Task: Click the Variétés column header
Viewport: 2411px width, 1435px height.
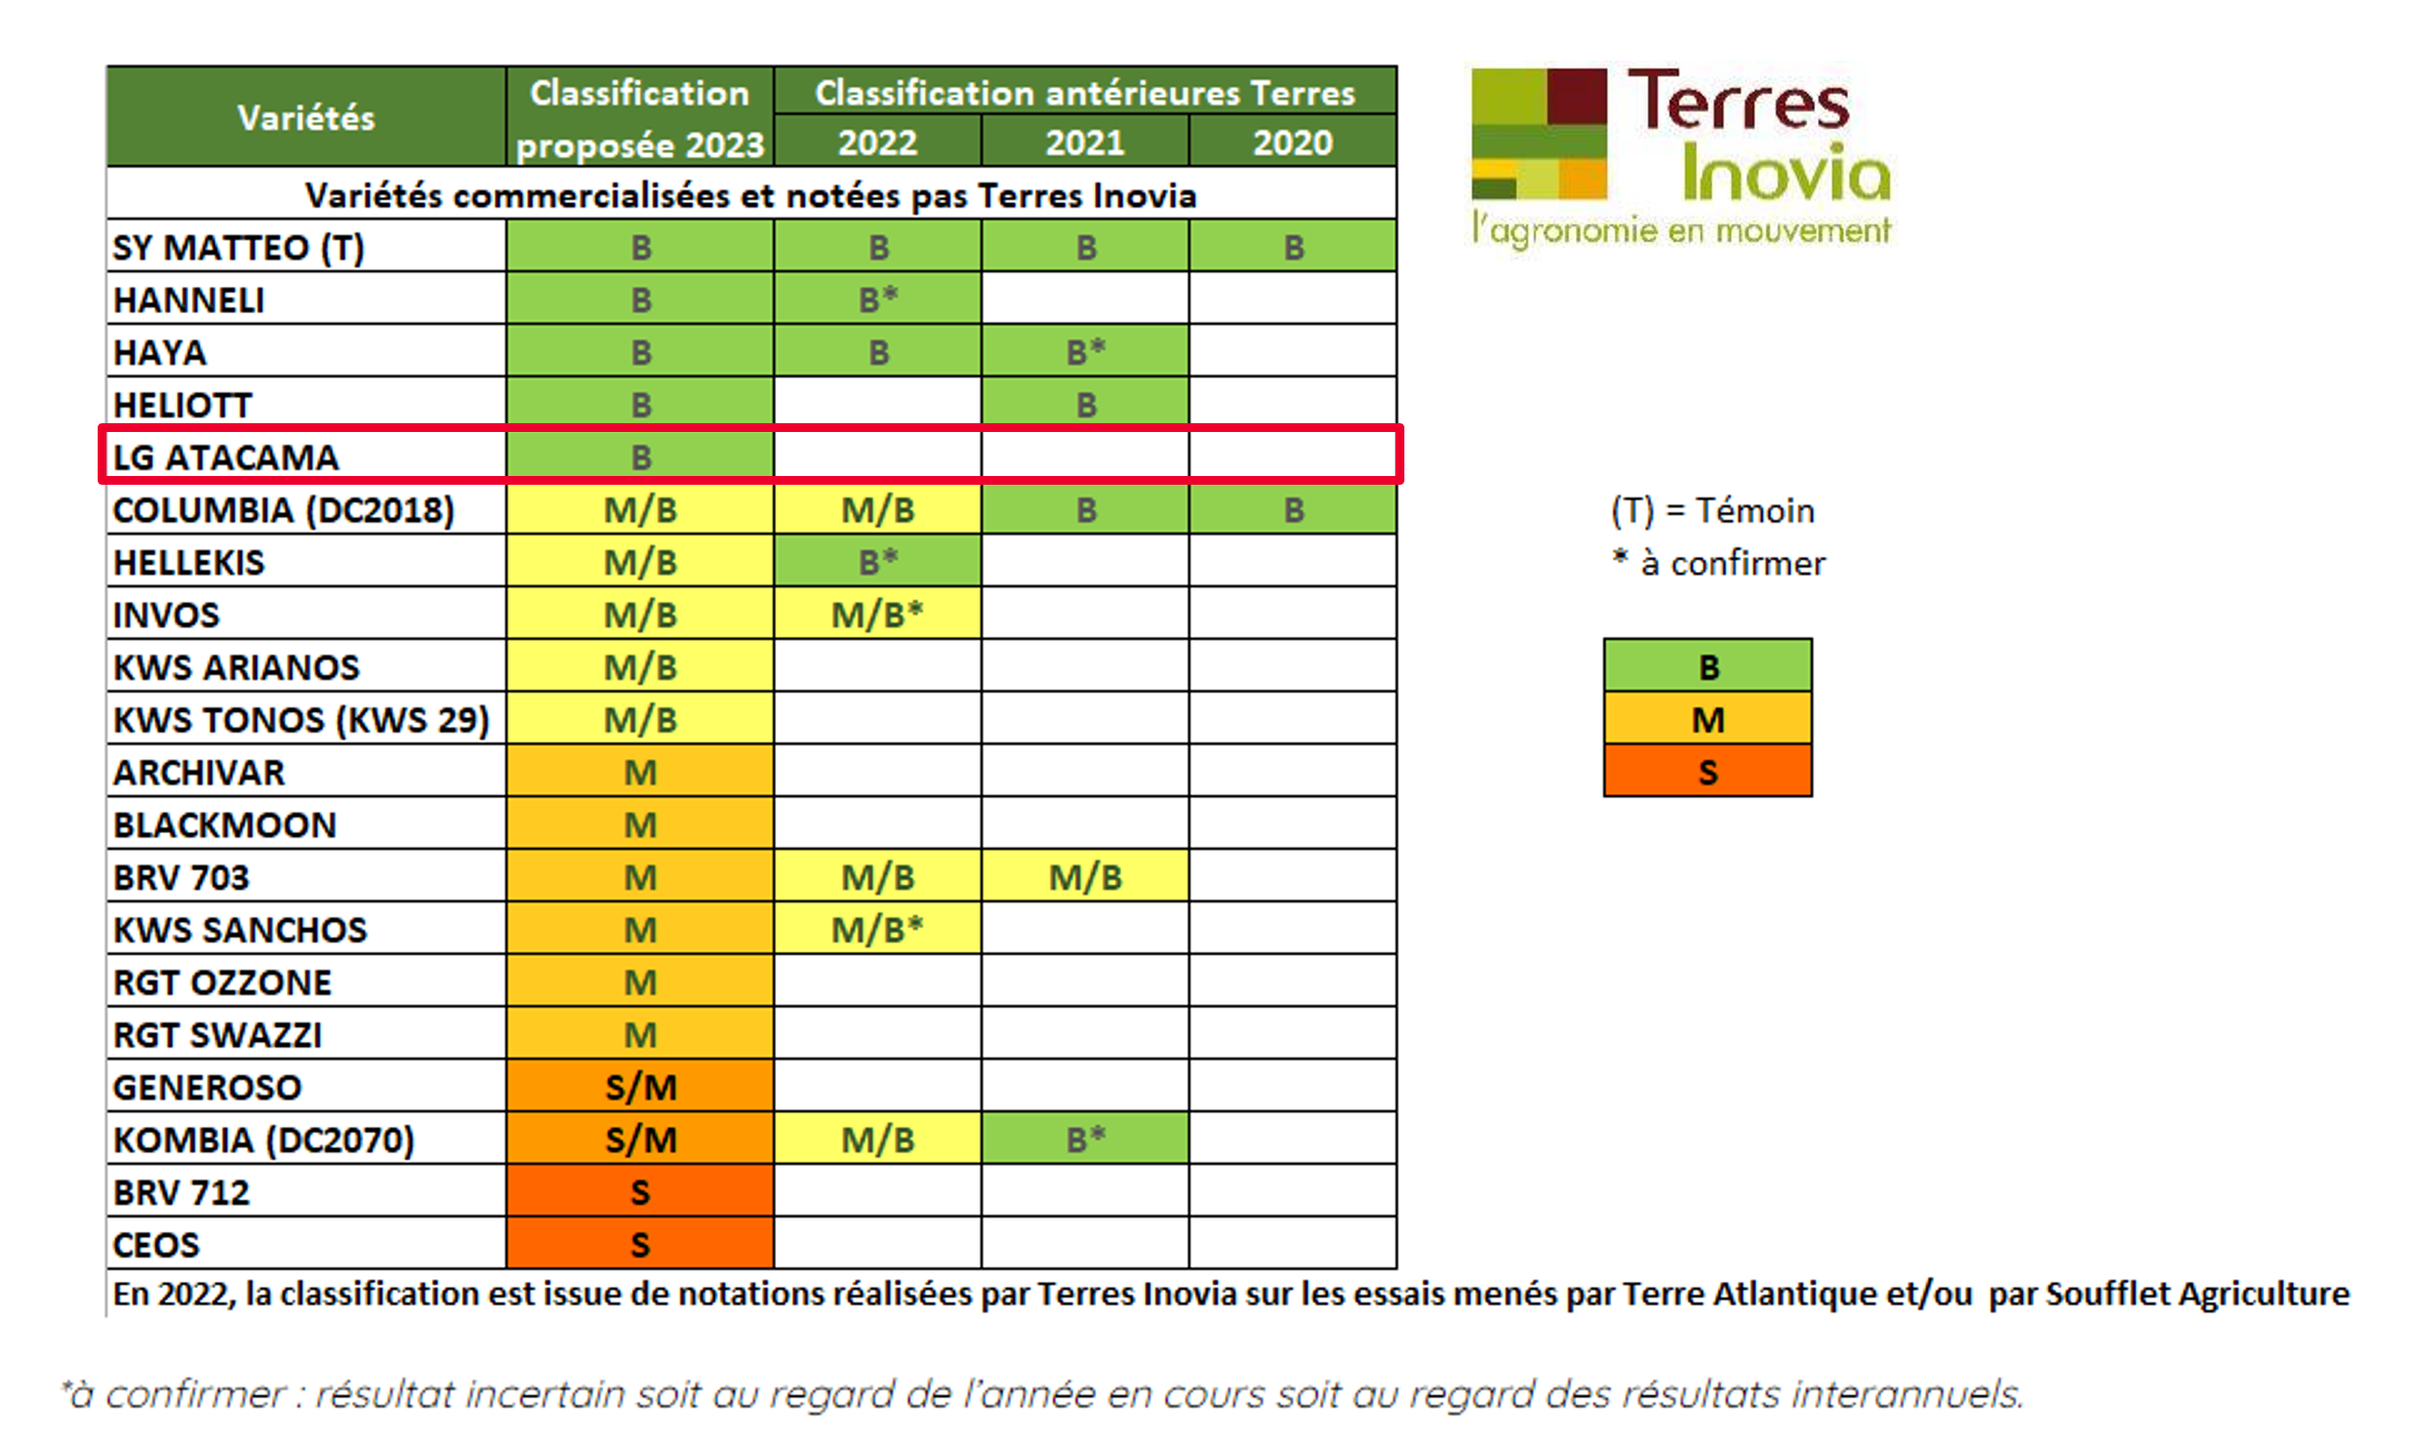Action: [305, 118]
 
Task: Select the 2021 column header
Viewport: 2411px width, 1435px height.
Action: [1084, 143]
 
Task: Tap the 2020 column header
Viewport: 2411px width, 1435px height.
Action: [1292, 143]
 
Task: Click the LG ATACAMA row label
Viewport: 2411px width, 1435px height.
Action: [226, 458]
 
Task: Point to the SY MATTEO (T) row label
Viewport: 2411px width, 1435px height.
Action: [238, 247]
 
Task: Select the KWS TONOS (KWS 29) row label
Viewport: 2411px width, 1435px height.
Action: [301, 720]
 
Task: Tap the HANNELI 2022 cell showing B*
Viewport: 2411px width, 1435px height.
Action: [877, 300]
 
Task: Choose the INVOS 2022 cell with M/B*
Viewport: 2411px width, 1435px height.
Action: [877, 614]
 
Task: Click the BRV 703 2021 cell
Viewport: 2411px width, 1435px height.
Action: [1084, 877]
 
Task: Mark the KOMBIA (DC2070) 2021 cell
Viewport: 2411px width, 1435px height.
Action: [1084, 1139]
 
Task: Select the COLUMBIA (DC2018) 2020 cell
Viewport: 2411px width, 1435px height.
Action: [1292, 509]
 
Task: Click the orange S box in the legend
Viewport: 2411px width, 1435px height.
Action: [1707, 772]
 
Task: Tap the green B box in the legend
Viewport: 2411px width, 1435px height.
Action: [1707, 666]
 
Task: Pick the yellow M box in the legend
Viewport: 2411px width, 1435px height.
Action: [1707, 720]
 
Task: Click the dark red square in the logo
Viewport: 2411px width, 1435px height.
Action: [1576, 95]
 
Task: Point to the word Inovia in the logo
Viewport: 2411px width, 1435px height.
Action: [1785, 174]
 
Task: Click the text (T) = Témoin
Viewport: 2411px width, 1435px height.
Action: [1711, 510]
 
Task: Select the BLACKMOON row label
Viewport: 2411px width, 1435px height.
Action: [224, 824]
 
